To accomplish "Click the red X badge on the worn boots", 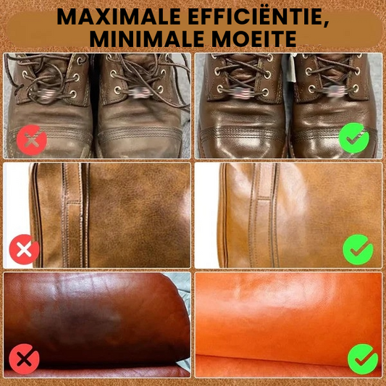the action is pyautogui.click(x=32, y=140).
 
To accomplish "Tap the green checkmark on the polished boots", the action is pyautogui.click(x=354, y=138).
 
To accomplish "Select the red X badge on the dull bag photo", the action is pyautogui.click(x=24, y=249).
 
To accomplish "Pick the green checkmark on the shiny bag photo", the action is pyautogui.click(x=358, y=249).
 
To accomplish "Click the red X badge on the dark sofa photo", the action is pyautogui.click(x=24, y=359).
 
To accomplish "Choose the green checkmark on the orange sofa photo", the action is pyautogui.click(x=363, y=359).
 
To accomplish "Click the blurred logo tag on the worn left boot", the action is pyautogui.click(x=45, y=95).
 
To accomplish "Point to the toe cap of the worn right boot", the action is pyautogui.click(x=140, y=142).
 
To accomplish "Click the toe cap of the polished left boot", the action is pyautogui.click(x=242, y=142).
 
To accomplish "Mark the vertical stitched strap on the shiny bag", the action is pyautogui.click(x=263, y=215).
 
